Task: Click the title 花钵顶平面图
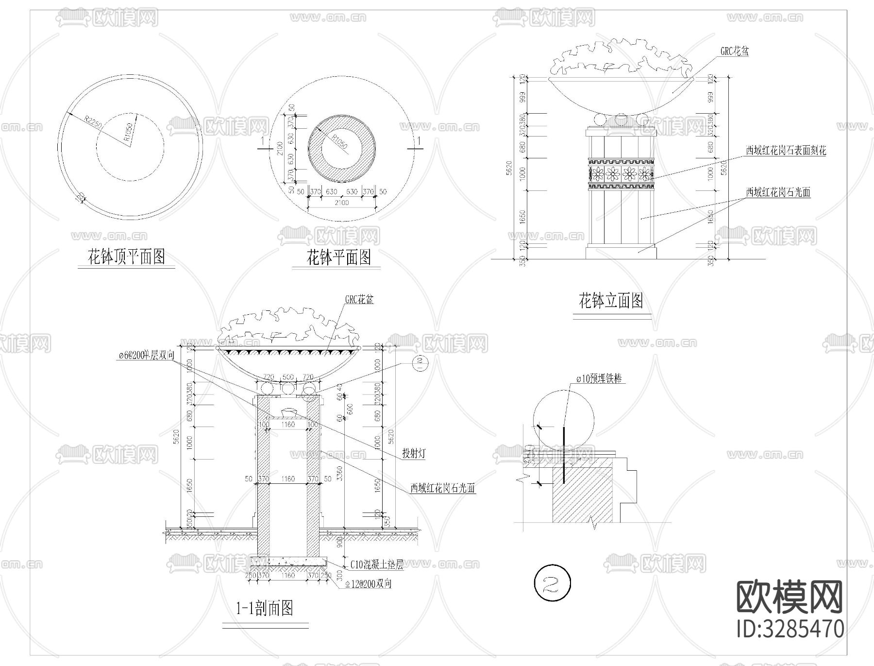tap(126, 256)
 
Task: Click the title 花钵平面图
tap(338, 257)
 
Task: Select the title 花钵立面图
tap(611, 301)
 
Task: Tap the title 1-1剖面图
tap(265, 608)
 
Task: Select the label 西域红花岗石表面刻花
tap(786, 151)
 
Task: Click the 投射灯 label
tap(414, 454)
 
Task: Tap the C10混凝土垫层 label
tap(377, 564)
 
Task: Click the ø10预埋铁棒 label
tap(599, 378)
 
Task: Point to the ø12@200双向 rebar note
tap(368, 583)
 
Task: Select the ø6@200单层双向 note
tap(146, 356)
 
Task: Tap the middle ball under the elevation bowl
tap(621, 120)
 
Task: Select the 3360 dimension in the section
tap(340, 478)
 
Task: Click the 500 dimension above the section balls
tap(288, 377)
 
